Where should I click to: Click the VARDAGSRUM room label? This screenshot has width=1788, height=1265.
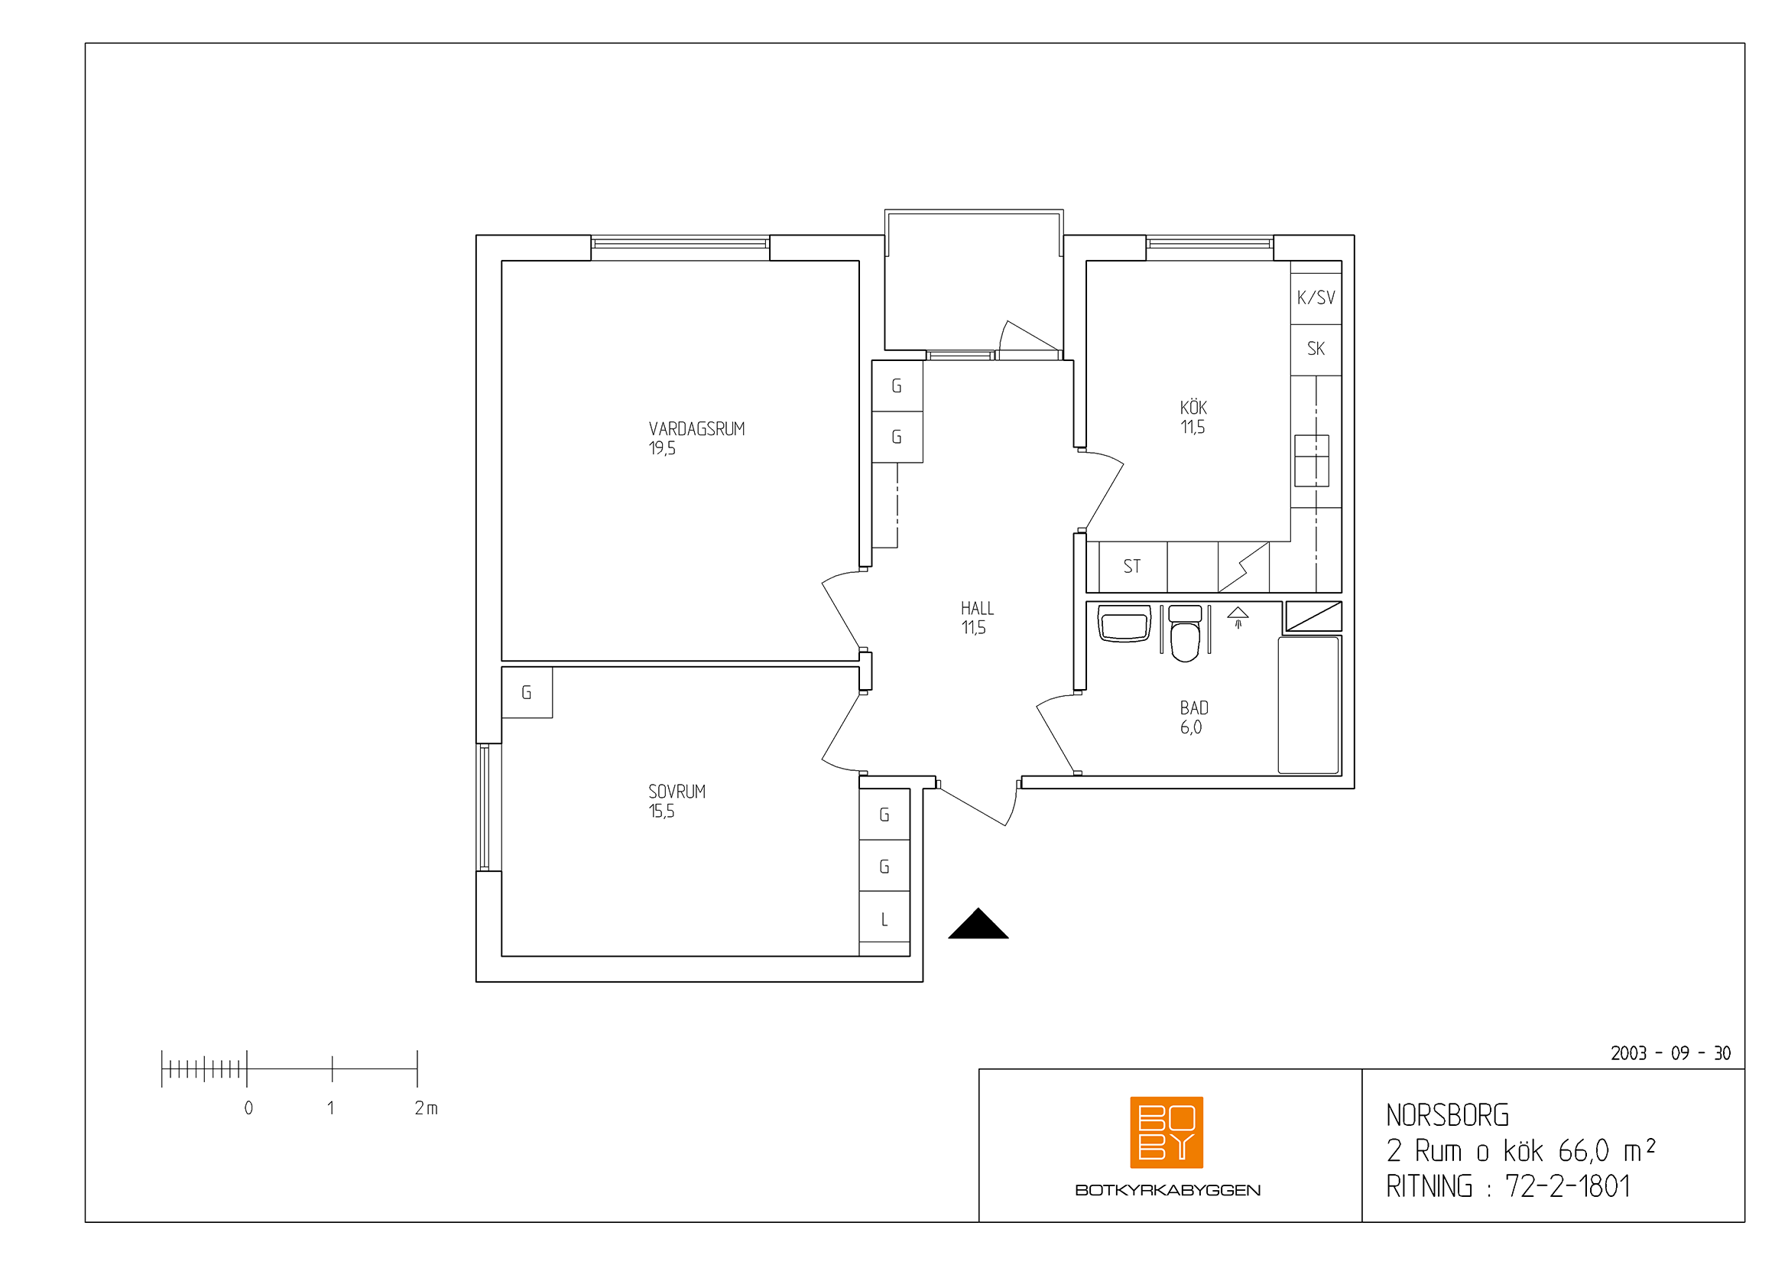pos(696,428)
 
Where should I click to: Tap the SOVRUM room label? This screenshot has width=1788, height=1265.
pos(677,792)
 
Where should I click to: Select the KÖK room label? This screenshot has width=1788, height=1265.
pos(1193,408)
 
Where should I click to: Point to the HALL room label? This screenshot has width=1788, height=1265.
pos(978,608)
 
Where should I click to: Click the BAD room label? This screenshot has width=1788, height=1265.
pos(1194,708)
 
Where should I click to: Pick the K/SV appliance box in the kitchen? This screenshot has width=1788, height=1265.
pos(1316,298)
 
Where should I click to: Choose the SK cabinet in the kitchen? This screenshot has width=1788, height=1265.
pos(1316,350)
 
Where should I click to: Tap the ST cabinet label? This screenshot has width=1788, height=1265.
pos(1131,566)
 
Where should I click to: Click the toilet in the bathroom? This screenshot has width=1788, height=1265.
pos(1186,633)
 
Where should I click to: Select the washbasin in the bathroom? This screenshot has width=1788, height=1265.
pos(1124,624)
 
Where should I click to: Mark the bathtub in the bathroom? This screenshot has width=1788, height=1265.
pos(1309,705)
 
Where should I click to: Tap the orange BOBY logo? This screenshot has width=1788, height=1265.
pos(1167,1133)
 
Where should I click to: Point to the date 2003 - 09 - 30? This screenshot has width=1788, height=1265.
pos(1670,1054)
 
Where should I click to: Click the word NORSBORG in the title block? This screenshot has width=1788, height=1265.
pos(1447,1115)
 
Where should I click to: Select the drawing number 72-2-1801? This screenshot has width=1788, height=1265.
pos(1568,1186)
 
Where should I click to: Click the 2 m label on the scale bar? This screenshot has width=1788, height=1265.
pos(426,1107)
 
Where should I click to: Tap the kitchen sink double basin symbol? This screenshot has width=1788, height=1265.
pos(1313,460)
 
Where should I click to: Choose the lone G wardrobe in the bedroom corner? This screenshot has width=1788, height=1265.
pos(527,692)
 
